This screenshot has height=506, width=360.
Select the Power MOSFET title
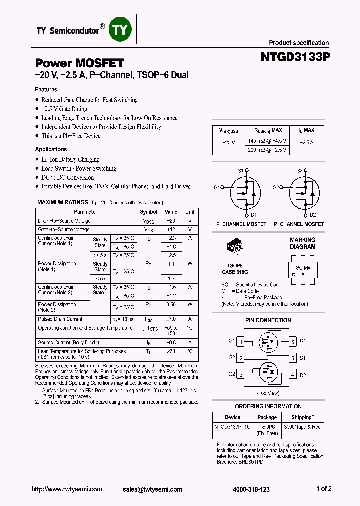[79, 63]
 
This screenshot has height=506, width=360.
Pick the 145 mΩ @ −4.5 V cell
[267, 141]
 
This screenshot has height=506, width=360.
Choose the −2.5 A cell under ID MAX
[306, 142]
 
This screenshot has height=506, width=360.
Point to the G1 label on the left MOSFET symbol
[217, 187]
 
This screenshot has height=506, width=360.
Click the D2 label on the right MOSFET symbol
[313, 215]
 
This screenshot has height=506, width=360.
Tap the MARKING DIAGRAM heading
[303, 243]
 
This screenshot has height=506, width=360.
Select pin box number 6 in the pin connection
[292, 342]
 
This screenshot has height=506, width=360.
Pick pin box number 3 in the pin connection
[241, 375]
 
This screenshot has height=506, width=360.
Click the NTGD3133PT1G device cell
[232, 427]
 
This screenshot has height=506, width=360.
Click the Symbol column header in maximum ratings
[149, 212]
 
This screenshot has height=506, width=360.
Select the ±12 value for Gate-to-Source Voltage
[171, 230]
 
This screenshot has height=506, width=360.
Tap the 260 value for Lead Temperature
[171, 351]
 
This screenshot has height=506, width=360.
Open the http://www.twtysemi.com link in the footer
[66, 489]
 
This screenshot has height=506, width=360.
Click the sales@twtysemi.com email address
[152, 490]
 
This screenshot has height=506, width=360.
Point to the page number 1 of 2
[324, 489]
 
